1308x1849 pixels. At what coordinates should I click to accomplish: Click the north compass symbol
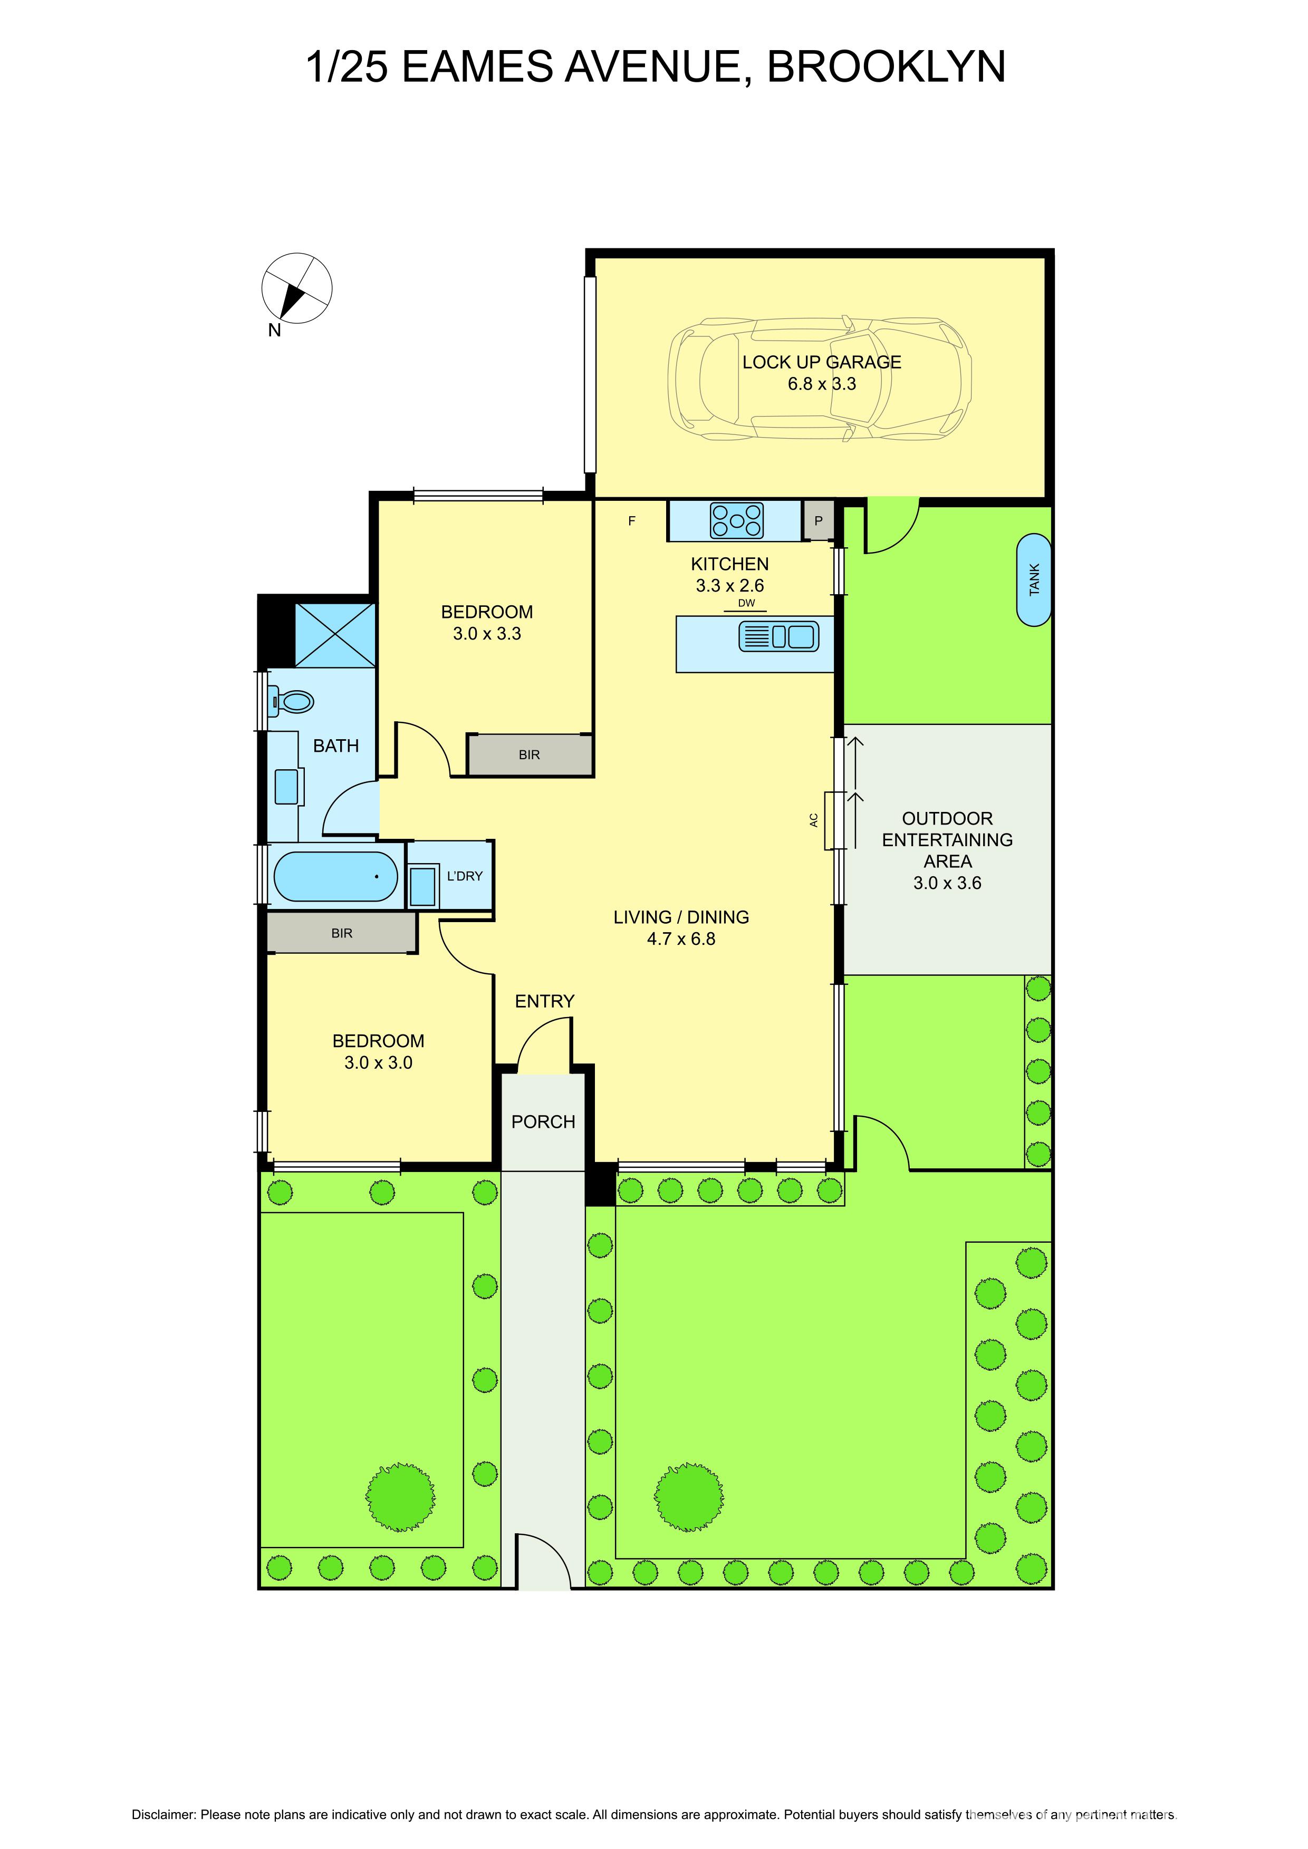coord(296,289)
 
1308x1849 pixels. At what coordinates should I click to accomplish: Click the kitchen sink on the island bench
coord(778,637)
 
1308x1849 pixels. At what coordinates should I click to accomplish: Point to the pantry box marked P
coord(819,521)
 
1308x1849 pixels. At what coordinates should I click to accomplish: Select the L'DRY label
coord(465,875)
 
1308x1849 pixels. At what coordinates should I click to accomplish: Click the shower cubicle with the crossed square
coord(335,635)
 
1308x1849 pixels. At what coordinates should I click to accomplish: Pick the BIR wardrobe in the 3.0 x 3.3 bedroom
coord(529,754)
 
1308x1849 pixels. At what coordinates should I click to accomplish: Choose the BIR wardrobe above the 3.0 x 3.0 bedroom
coord(341,933)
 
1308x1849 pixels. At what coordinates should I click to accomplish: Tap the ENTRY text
coord(544,1001)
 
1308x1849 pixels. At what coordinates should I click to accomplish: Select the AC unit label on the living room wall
coord(813,820)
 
